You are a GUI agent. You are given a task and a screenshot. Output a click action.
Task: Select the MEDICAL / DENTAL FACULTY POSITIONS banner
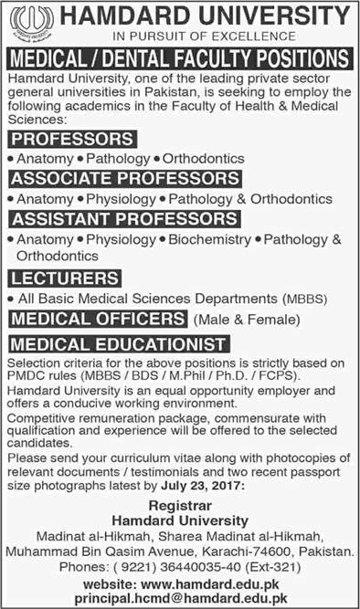[x=180, y=58]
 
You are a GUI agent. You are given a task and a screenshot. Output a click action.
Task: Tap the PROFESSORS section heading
[x=72, y=139]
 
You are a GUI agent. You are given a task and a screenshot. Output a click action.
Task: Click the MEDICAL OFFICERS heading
[x=96, y=318]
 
